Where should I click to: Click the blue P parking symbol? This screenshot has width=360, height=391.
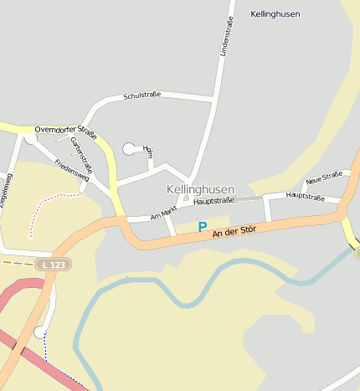click(x=202, y=227)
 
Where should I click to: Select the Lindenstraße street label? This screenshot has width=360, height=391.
click(x=224, y=38)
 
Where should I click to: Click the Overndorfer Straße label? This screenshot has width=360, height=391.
click(x=66, y=131)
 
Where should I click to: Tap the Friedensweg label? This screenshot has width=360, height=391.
click(x=71, y=171)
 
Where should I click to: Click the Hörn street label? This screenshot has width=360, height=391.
click(x=149, y=152)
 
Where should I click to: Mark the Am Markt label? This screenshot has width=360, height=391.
click(x=164, y=213)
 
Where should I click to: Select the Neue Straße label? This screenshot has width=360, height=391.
click(x=324, y=177)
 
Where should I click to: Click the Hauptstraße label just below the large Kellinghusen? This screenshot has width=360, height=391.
click(x=211, y=201)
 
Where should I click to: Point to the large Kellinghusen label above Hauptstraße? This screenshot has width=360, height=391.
click(x=200, y=189)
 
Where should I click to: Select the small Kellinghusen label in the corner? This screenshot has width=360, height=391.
click(x=275, y=14)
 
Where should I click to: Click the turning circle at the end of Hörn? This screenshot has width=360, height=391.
click(x=129, y=149)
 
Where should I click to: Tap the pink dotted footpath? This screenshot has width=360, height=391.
click(x=50, y=199)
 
